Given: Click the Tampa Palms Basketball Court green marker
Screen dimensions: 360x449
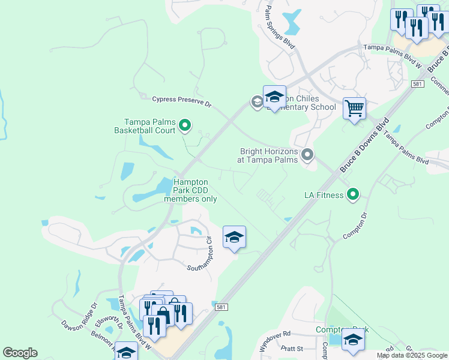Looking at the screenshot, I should click(x=185, y=125).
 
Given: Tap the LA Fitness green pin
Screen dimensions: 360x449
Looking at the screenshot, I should click(x=354, y=194).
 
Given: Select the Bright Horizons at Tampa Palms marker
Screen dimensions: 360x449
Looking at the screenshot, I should click(x=307, y=155).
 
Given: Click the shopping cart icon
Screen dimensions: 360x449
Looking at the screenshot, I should click(x=355, y=109).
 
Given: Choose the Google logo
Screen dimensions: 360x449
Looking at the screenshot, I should click(x=20, y=353).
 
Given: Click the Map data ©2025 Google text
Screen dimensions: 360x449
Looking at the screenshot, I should click(x=412, y=355).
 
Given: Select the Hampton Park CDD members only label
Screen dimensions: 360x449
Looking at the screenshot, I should click(x=190, y=190).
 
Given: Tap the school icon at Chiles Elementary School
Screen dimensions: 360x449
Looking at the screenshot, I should click(x=274, y=97).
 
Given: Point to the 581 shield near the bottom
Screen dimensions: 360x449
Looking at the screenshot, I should click(x=221, y=307).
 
